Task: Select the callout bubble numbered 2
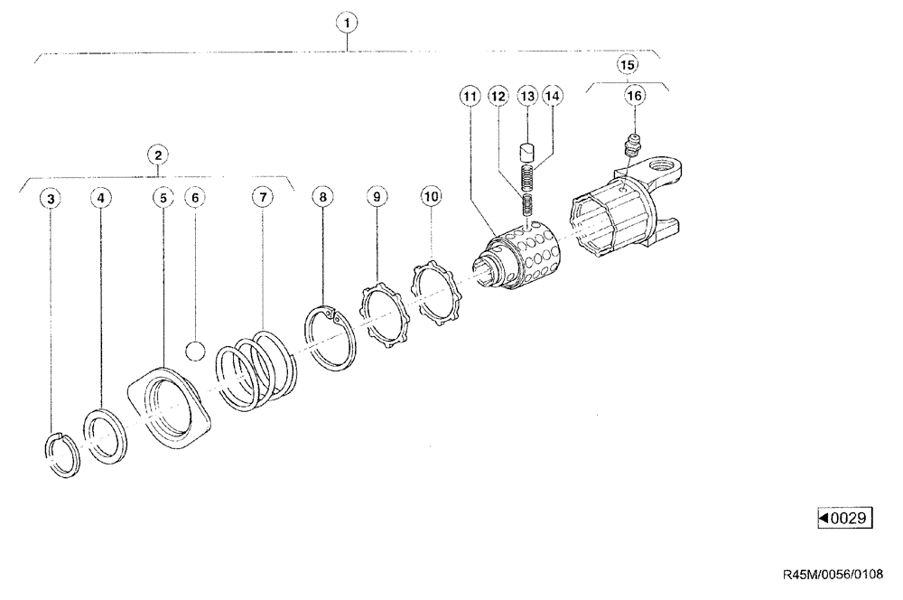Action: click(x=158, y=155)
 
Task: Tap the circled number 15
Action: click(x=628, y=64)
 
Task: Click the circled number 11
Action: click(x=469, y=95)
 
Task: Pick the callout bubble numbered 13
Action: click(x=526, y=95)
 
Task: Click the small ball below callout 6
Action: click(x=196, y=350)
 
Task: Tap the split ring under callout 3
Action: click(x=62, y=453)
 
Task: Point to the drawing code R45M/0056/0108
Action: click(x=833, y=573)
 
